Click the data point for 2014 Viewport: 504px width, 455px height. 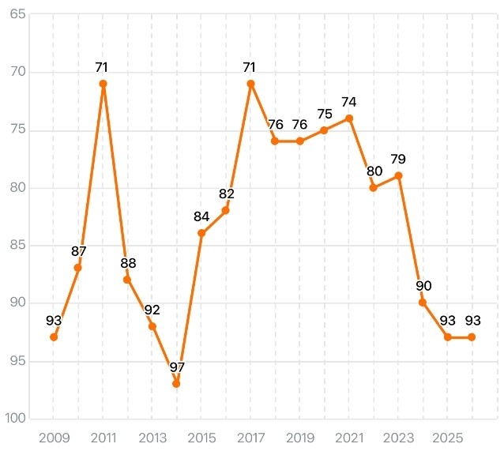176,384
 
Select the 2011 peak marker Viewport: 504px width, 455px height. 103,84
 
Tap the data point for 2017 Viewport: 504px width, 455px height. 250,84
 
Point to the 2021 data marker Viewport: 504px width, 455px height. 348,118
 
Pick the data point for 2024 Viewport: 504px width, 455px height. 423,303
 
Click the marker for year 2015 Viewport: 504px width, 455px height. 201,233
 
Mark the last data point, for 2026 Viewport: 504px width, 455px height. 472,337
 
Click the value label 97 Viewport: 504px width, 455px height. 176,367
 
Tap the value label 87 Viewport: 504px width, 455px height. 78,251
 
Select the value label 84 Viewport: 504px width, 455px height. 201,216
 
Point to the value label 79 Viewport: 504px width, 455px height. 398,160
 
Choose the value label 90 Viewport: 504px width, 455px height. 423,286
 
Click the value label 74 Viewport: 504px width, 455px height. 348,102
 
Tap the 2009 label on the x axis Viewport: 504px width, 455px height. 54,437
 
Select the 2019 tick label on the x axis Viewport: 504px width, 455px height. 299,437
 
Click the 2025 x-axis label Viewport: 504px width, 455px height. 447,437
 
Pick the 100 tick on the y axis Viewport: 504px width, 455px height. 16,419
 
